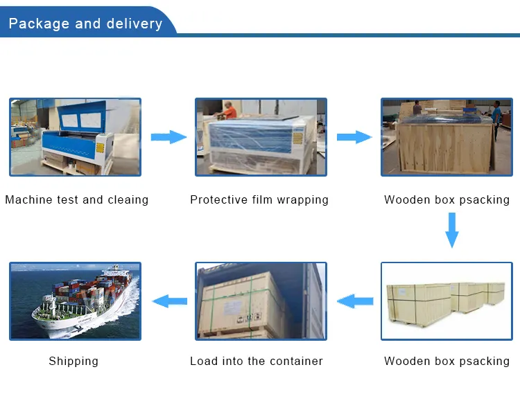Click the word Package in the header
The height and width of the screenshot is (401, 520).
(x=38, y=24)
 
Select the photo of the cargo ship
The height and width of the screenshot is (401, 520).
(x=75, y=301)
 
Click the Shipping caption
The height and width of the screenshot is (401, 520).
(x=73, y=361)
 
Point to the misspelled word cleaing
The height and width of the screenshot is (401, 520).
(x=128, y=200)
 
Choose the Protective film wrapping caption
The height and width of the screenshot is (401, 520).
(x=259, y=200)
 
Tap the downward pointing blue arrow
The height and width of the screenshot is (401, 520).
(x=451, y=230)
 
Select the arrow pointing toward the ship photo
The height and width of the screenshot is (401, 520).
(x=169, y=301)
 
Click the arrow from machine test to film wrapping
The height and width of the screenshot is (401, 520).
(x=168, y=136)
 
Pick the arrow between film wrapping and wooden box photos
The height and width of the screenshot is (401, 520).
(x=354, y=136)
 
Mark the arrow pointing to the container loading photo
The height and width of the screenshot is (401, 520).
(x=355, y=301)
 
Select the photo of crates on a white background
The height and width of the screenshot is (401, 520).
(x=446, y=301)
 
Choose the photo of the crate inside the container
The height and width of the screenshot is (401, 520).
(x=261, y=301)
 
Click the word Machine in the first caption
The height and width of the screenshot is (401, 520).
(x=27, y=200)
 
